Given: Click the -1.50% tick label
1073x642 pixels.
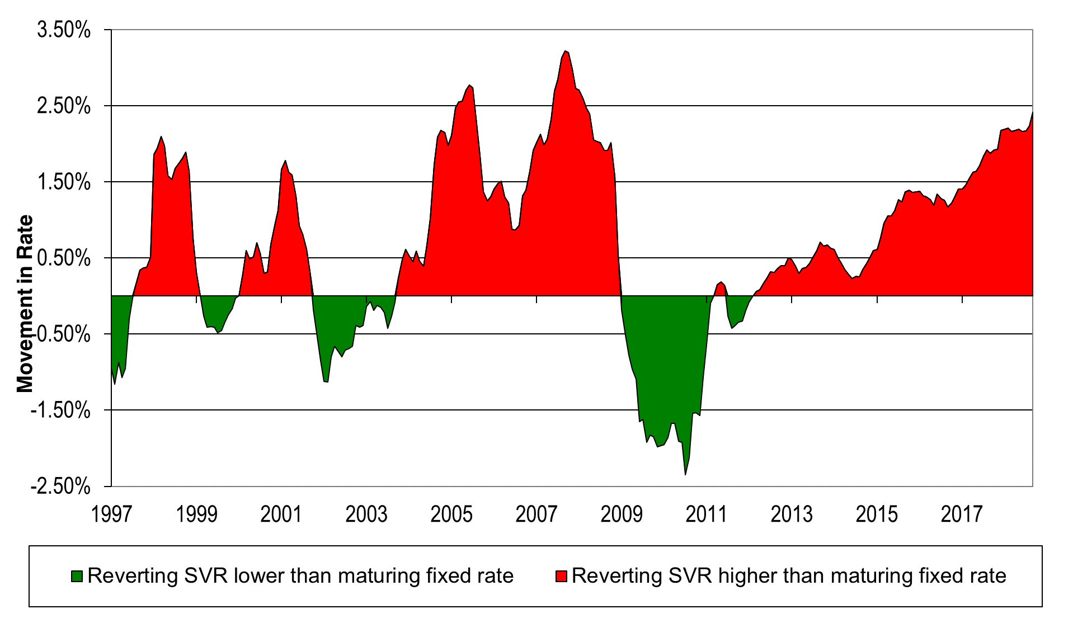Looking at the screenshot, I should [60, 411].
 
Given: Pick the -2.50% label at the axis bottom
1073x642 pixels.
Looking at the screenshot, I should [60, 487].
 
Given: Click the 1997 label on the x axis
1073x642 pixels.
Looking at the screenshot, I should [111, 514].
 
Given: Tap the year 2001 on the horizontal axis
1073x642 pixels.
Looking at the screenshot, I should [281, 514].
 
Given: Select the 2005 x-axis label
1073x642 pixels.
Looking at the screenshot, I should [451, 514].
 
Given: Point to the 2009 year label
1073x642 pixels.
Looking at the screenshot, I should [622, 514].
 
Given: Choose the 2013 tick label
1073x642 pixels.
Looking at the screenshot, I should [792, 514].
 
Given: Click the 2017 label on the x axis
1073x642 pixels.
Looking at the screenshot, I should [962, 514].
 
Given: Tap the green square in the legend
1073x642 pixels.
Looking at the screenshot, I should [77, 576].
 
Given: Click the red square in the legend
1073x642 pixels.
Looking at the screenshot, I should [561, 576].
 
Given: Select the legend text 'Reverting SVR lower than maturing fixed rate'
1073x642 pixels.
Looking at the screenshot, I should [300, 575].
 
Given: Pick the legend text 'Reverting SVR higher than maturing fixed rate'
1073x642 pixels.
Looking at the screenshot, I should [789, 575].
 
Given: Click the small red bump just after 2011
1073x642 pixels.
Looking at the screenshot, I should [721, 286].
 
